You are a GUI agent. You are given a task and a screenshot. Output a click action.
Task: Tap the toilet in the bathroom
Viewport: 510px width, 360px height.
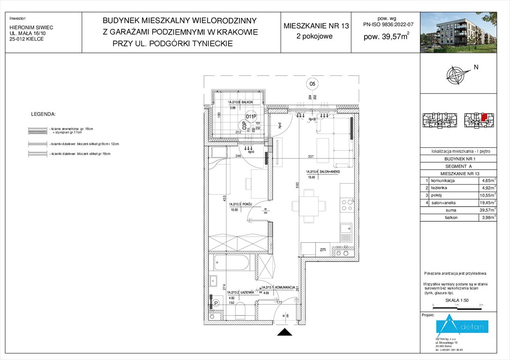pos(240,310)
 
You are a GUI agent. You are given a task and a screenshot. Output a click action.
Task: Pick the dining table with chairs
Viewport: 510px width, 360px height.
pos(308,205)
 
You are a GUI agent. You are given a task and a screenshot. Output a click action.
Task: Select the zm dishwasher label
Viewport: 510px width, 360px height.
pos(323,250)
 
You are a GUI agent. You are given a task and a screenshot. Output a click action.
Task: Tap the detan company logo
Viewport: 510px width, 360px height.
pos(462,326)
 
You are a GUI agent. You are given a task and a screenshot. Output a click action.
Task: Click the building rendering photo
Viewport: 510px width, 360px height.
pos(464,31)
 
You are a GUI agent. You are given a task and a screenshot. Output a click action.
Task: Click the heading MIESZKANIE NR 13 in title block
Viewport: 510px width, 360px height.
pos(316,26)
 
